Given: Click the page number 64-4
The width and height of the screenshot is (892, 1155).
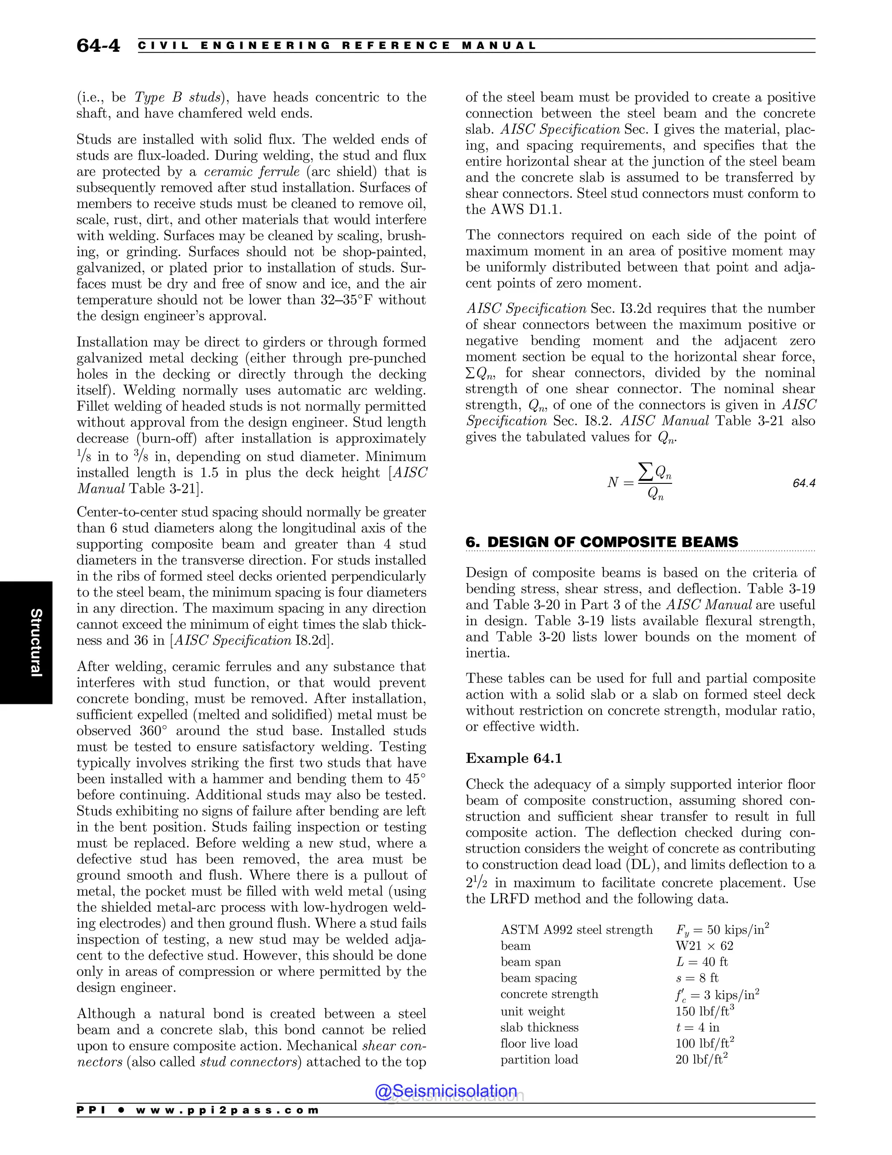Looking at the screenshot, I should click(x=98, y=46).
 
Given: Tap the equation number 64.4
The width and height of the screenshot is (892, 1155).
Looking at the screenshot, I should click(x=804, y=483).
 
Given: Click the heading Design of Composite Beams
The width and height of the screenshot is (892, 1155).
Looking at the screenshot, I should click(x=602, y=542).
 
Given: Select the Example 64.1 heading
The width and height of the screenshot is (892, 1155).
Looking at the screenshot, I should click(x=514, y=758).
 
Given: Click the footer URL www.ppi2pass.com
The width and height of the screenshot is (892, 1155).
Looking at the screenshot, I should click(x=227, y=1110).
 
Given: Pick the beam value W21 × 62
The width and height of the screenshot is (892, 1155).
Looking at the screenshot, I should click(x=704, y=946).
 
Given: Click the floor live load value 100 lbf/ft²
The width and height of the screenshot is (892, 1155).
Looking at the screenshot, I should click(x=704, y=1043).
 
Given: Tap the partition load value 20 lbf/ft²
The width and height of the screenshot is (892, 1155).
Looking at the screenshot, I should click(x=701, y=1059).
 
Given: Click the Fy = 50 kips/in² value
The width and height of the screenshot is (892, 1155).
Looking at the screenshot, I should click(x=722, y=930).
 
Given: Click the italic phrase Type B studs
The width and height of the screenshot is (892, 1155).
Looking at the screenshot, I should click(x=178, y=97).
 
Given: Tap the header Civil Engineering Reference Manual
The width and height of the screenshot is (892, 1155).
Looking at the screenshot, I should click(x=337, y=46).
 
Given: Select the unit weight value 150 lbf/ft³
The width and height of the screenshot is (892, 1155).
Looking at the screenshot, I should click(x=704, y=1011).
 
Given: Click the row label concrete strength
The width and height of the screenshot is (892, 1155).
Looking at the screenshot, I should click(x=549, y=994).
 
